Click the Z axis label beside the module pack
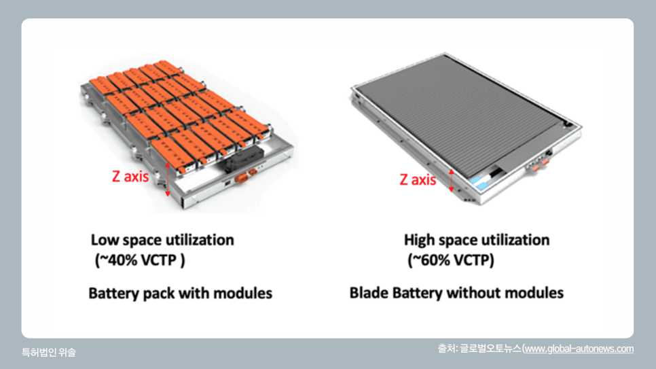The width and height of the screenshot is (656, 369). [130, 176]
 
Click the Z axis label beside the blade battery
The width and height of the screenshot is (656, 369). [418, 179]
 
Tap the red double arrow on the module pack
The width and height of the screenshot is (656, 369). [168, 179]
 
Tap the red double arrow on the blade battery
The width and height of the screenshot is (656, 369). [452, 181]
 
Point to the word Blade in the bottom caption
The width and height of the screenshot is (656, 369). [369, 293]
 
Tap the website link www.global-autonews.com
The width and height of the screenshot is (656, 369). [579, 349]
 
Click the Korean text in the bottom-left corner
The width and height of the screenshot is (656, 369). [48, 352]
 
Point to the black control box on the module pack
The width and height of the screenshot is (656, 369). [242, 160]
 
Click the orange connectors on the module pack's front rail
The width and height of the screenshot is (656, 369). [246, 176]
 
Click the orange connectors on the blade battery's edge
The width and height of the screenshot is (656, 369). [539, 164]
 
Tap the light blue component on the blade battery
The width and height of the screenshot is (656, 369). [479, 183]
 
